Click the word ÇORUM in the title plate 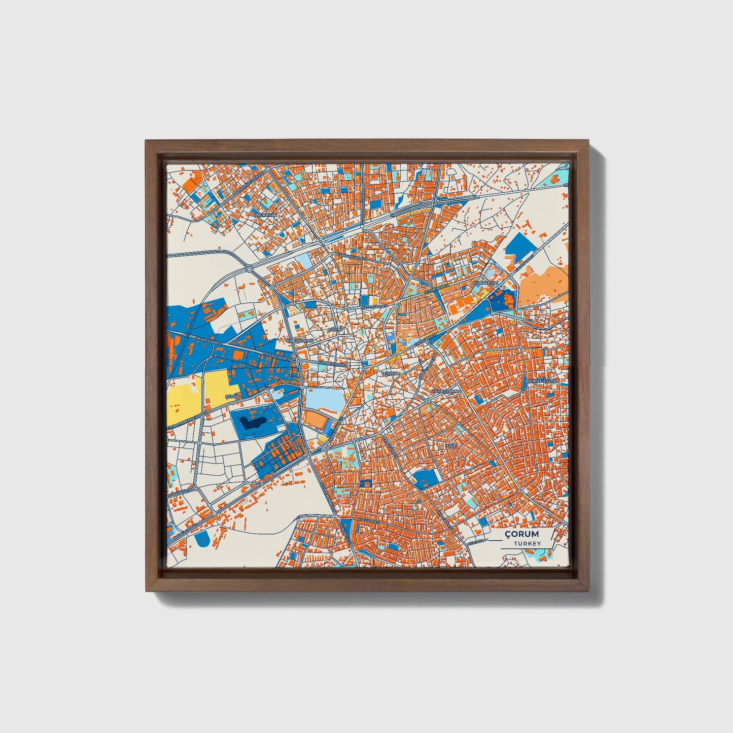pos(521,534)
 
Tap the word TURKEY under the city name pos(527,543)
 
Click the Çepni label pos(231,396)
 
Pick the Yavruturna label pos(445,392)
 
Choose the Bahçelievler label pos(541,380)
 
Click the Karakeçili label pos(486,282)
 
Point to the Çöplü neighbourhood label pos(336,330)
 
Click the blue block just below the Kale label pos(425,478)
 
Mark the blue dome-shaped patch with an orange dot pos(201,539)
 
